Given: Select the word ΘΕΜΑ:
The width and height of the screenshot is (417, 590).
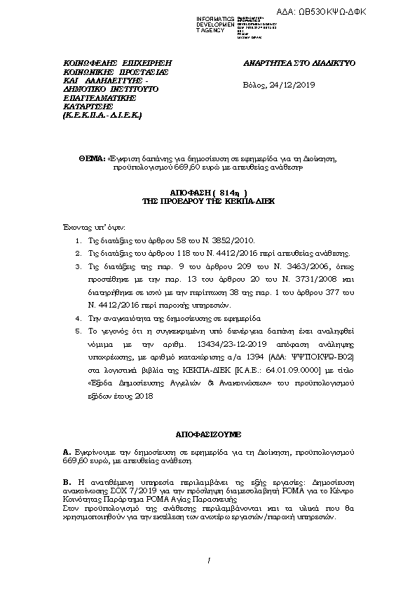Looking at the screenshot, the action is pyautogui.click(x=94, y=160).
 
